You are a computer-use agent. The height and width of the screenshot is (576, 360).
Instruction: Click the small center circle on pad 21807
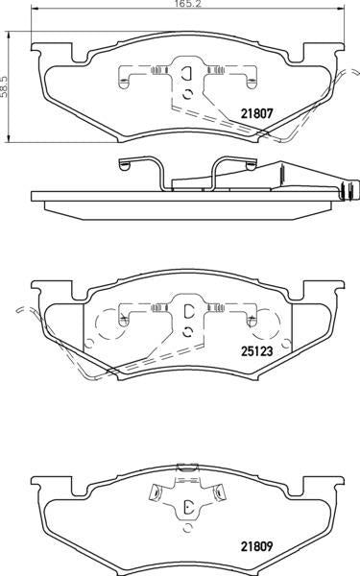point(187,93)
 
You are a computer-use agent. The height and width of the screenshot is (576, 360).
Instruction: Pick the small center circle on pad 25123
point(187,331)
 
